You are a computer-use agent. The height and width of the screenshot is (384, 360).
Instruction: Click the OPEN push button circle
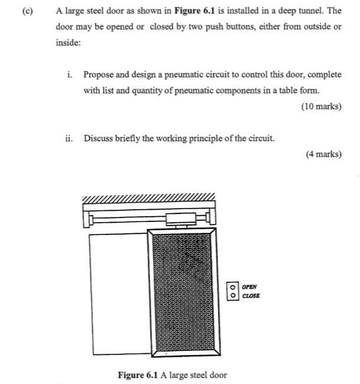(x=233, y=285)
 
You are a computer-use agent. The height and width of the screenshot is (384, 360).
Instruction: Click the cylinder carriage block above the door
(x=178, y=220)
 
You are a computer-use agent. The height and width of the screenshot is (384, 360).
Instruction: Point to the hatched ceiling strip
(x=149, y=197)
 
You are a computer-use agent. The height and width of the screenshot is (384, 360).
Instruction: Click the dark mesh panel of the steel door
(x=182, y=292)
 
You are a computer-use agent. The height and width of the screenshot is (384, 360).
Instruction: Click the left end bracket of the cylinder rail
(x=89, y=220)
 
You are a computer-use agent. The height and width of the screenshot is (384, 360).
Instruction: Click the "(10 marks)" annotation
(x=321, y=107)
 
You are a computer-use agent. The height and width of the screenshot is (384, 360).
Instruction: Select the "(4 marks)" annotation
(x=323, y=154)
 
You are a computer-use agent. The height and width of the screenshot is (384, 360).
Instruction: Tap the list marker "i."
(x=70, y=74)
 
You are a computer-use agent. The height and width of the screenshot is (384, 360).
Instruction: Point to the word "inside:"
(x=68, y=43)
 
